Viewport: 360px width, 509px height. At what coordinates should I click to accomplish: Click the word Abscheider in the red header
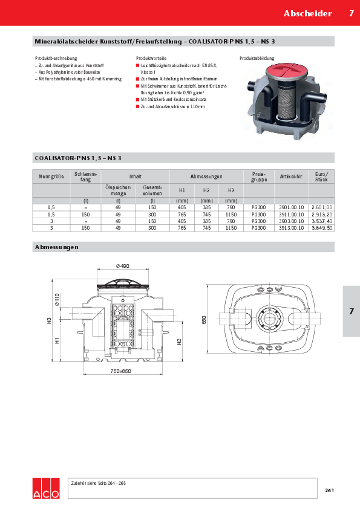(x=308, y=13)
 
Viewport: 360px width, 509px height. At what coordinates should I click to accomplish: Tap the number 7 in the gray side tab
(x=351, y=311)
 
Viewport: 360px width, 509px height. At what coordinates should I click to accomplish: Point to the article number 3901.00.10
(x=292, y=207)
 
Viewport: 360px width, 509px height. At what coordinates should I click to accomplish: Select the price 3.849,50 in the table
(x=321, y=228)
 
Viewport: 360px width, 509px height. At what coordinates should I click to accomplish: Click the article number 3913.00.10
(x=292, y=228)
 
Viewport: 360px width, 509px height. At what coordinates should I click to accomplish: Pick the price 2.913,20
(x=321, y=214)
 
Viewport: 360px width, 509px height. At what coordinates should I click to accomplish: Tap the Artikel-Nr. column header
(x=292, y=177)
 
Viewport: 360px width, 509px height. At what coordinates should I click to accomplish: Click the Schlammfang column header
(x=86, y=177)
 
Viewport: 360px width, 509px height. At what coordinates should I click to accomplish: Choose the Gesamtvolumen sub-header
(x=152, y=190)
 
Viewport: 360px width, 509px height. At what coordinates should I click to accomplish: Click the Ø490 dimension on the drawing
(x=123, y=266)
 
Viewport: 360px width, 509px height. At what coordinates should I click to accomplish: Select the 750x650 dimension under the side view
(x=120, y=371)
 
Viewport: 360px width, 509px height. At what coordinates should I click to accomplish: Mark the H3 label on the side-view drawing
(x=50, y=321)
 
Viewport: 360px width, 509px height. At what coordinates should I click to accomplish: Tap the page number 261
(x=329, y=490)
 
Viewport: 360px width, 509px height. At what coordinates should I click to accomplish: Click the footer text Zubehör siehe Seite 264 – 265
(x=99, y=483)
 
